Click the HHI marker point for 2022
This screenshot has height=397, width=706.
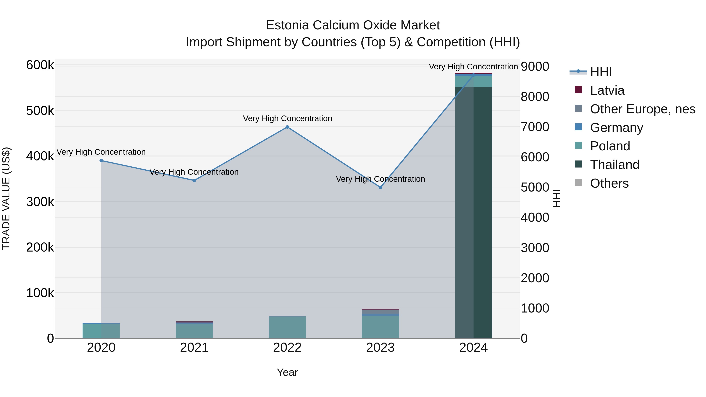point(287,127)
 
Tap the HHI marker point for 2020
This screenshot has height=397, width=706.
point(101,161)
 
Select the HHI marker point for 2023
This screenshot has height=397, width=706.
point(380,187)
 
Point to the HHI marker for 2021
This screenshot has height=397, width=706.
point(194,181)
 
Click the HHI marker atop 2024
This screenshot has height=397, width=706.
point(473,75)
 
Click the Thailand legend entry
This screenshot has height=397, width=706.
point(614,165)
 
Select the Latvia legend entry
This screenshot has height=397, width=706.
point(607,90)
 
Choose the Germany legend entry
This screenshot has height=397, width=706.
point(616,128)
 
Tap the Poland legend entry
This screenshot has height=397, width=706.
point(610,146)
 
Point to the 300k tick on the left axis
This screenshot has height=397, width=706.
point(40,202)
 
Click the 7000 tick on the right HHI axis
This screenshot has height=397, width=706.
point(535,127)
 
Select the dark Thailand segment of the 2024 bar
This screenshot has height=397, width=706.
point(474,214)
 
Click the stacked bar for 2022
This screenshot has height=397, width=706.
point(287,327)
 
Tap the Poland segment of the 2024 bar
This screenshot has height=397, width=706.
point(474,81)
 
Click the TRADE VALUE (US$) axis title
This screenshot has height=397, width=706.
point(6,198)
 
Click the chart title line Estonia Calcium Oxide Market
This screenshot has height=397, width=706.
point(353,25)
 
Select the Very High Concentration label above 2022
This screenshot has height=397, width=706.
point(287,118)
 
